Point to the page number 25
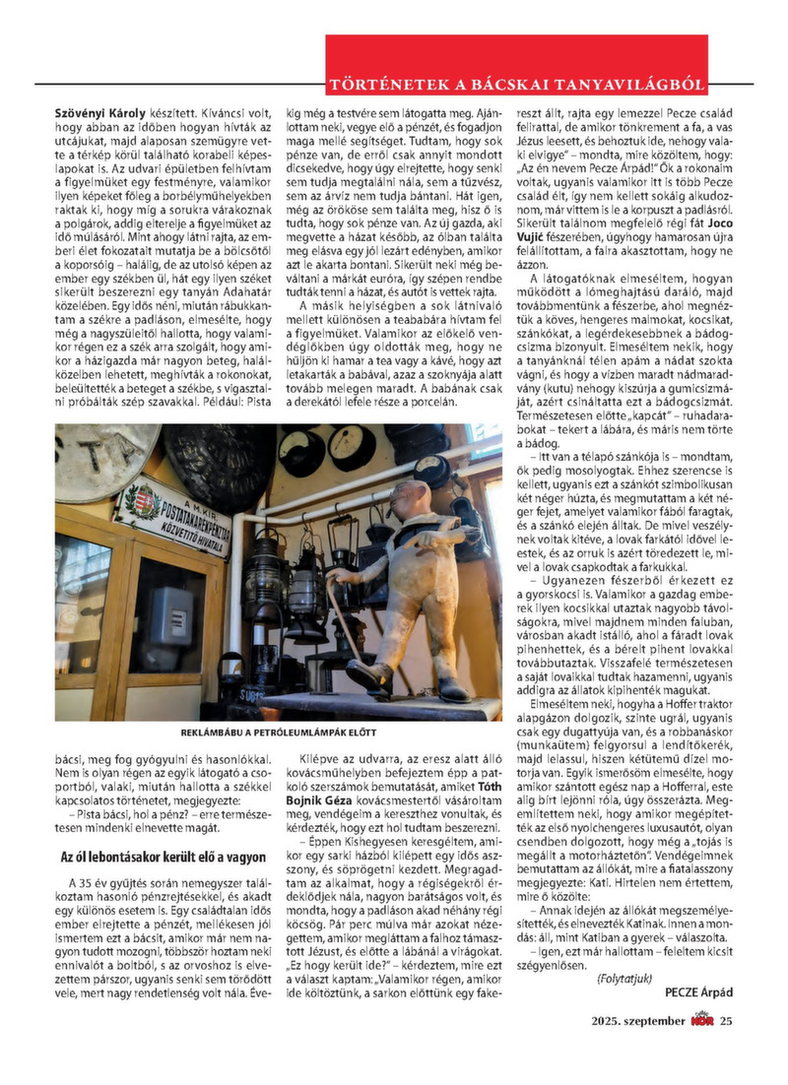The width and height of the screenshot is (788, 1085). tap(726, 1020)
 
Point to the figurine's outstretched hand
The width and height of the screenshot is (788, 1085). tap(335, 575)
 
